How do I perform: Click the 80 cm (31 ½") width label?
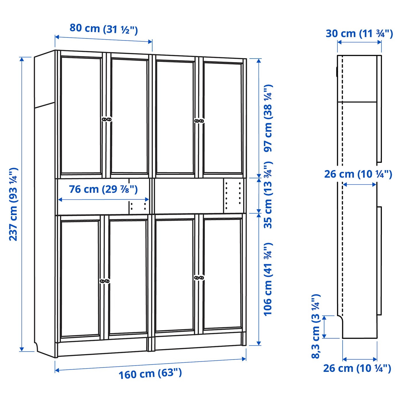pyautogui.click(x=104, y=29)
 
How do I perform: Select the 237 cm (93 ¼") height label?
pyautogui.click(x=13, y=204)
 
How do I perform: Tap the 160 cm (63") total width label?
pyautogui.click(x=150, y=374)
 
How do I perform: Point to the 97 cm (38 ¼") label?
pyautogui.click(x=268, y=118)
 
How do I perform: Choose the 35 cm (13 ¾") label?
pyautogui.click(x=268, y=195)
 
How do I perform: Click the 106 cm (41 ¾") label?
pyautogui.click(x=268, y=279)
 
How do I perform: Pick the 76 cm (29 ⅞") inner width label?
pyautogui.click(x=103, y=189)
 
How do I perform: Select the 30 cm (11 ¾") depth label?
pyautogui.click(x=359, y=34)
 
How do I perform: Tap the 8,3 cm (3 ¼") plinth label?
pyautogui.click(x=316, y=326)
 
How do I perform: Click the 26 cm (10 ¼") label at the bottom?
pyautogui.click(x=357, y=368)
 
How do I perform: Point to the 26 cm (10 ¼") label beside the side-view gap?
pyautogui.click(x=358, y=174)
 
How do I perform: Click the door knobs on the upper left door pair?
pyautogui.click(x=107, y=119)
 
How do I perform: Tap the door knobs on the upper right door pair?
pyautogui.click(x=199, y=121)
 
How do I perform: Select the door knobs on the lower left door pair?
pyautogui.click(x=105, y=281)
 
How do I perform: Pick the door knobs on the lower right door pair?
pyautogui.click(x=199, y=278)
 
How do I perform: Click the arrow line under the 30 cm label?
pyautogui.click(x=359, y=42)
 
